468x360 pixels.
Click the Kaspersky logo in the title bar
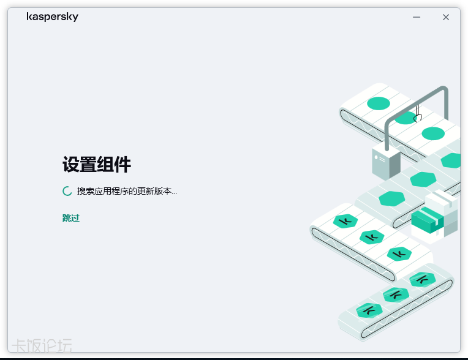(x=53, y=17)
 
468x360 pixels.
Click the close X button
(x=446, y=17)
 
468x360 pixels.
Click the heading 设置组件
(x=97, y=165)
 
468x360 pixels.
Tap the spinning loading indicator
(x=67, y=191)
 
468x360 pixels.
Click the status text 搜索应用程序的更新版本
(x=127, y=191)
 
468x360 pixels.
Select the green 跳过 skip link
(x=71, y=218)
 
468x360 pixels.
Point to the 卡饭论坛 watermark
(x=42, y=346)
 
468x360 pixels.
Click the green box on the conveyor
(x=426, y=220)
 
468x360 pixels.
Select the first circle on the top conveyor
(x=379, y=103)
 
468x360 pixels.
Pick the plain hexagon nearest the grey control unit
(x=423, y=179)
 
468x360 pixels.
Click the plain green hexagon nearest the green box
(x=391, y=198)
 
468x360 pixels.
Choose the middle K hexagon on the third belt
(x=372, y=237)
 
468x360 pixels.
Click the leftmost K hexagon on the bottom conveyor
(x=369, y=310)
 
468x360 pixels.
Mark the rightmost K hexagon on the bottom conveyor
(x=423, y=279)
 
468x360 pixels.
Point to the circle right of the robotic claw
(x=433, y=133)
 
